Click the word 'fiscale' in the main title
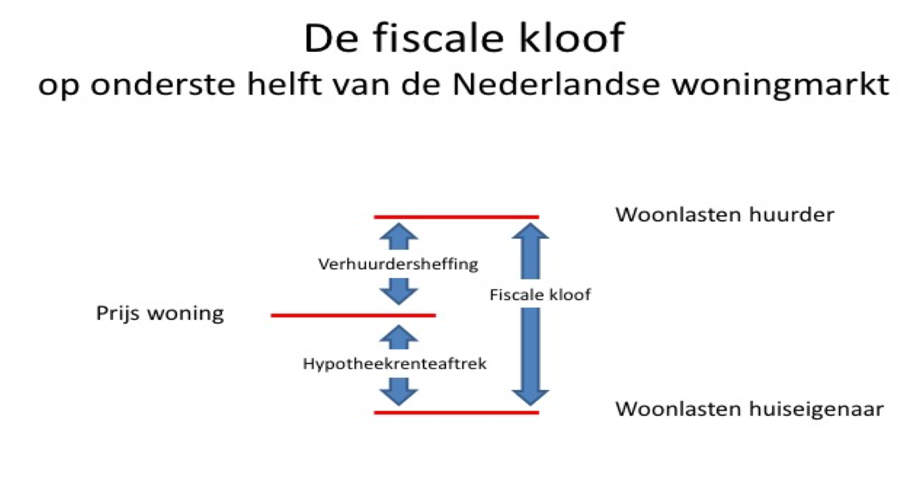pos(438,38)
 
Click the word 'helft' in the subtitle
pos(284,84)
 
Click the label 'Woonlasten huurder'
pos(725,215)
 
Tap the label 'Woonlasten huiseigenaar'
pos(750,409)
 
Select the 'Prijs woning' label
pos(160,313)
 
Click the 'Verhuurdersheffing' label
pos(398,264)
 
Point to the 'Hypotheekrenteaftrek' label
pos(395,364)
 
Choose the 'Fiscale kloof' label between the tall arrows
pos(540,295)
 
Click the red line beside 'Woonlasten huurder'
pos(456,217)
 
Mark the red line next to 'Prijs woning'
pos(353,315)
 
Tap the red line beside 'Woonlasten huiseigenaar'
pos(456,413)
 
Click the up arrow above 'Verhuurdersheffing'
pos(399,236)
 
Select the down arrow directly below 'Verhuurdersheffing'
pos(399,291)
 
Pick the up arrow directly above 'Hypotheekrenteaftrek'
pos(399,337)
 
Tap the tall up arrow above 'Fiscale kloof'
pos(530,251)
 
